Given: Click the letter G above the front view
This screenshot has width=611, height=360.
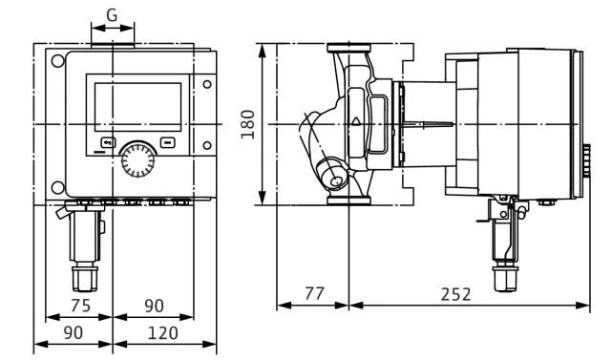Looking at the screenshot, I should click(x=113, y=16).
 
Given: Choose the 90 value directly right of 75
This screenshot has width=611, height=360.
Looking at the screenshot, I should click(x=154, y=306).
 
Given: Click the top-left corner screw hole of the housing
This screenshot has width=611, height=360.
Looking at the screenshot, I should click(x=58, y=61).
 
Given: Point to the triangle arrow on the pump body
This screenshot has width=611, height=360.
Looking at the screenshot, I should click(x=356, y=122).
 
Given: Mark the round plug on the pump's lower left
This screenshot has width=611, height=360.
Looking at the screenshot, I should click(x=336, y=177).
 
